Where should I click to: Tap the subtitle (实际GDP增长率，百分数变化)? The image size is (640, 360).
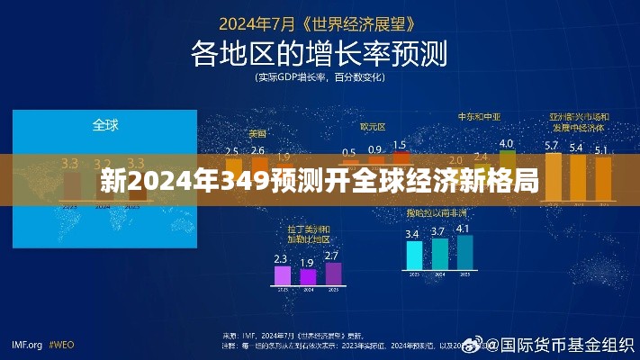point(320,78)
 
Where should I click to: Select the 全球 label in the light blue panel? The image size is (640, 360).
point(105,124)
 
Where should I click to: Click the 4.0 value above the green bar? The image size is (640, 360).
point(506,143)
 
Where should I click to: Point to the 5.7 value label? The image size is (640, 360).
point(552,146)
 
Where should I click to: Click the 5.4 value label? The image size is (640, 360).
point(576,148)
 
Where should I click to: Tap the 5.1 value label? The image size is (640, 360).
point(600,149)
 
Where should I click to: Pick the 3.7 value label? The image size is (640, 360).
point(439,232)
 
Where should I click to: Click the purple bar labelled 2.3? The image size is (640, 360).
point(282,274)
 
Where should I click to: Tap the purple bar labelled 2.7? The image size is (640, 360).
point(333,273)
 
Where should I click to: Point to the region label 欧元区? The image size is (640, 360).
point(373,127)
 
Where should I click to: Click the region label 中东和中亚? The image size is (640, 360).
point(479,117)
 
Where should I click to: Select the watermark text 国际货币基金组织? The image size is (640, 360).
point(567,345)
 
